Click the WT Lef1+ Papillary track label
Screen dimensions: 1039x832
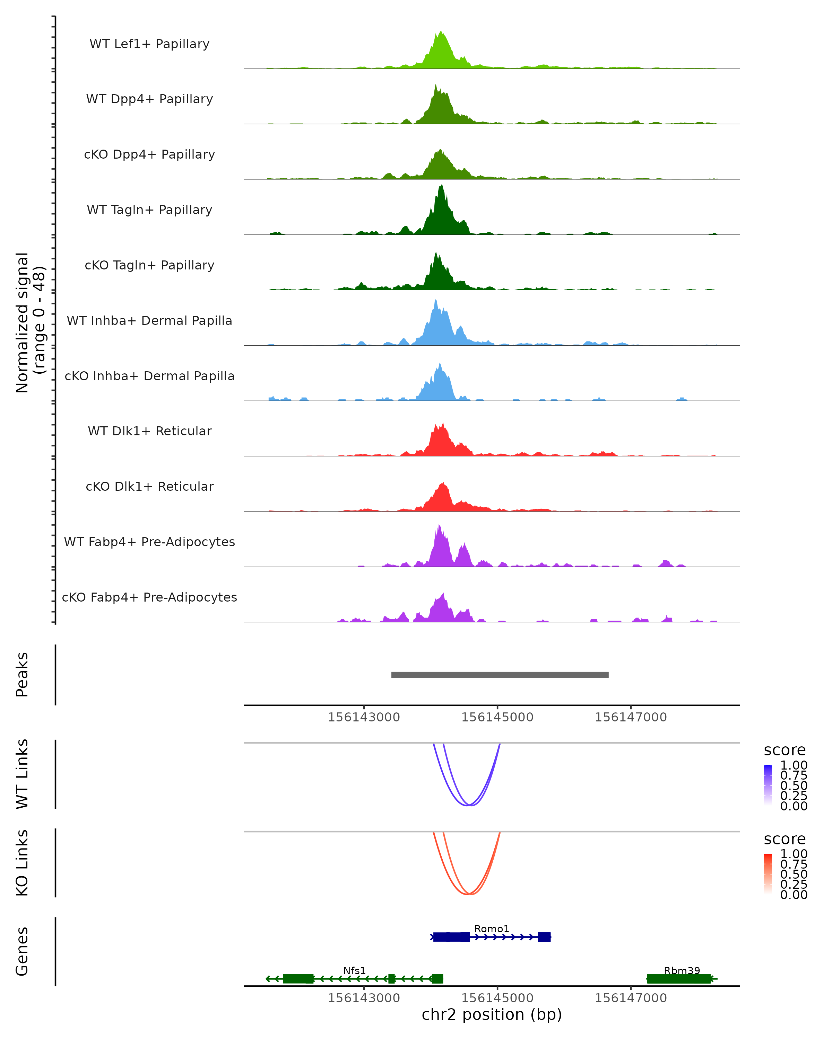click(149, 44)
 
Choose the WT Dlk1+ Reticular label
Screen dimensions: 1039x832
click(149, 431)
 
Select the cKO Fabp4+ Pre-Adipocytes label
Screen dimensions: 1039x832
click(149, 597)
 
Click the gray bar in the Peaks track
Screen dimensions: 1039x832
click(500, 675)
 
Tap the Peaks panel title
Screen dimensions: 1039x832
click(22, 674)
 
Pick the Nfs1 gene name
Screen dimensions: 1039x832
click(355, 970)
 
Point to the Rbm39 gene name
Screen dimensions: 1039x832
click(682, 970)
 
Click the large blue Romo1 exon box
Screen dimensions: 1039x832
click(451, 937)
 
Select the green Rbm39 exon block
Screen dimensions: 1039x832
click(678, 979)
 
